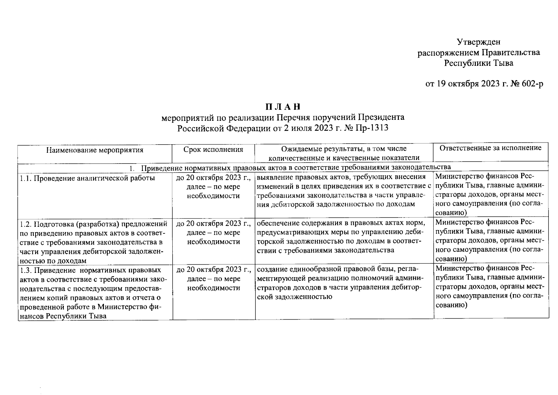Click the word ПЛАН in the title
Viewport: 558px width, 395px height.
(283, 107)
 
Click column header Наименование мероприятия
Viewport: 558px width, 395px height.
(95, 150)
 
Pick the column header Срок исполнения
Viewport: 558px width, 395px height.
(213, 150)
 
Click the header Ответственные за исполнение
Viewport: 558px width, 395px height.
(491, 148)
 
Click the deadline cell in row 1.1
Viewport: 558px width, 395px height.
(213, 187)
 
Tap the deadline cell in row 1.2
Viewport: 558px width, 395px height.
(213, 233)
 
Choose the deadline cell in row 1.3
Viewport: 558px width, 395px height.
(213, 279)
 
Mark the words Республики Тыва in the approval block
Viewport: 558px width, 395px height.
(478, 63)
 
